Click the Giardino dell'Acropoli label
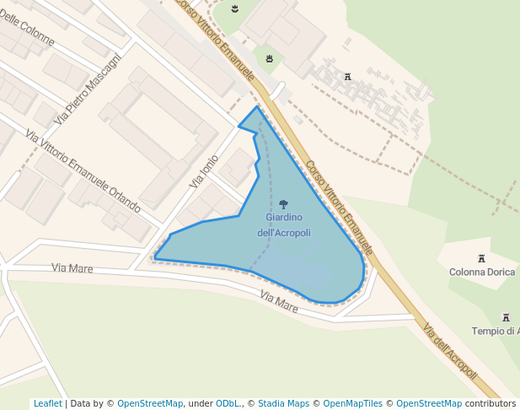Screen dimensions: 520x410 (283, 225)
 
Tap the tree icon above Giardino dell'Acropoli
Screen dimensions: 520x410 (283, 204)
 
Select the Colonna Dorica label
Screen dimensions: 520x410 (482, 272)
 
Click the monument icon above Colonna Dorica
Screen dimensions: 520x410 (482, 258)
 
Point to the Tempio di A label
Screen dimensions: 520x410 (496, 331)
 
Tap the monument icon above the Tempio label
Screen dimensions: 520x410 (506, 317)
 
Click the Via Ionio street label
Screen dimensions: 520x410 (204, 170)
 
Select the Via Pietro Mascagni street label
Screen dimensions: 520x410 (88, 89)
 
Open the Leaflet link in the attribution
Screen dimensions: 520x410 (47, 403)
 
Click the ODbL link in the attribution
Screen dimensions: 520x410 (228, 403)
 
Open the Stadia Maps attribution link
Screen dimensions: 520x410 (283, 403)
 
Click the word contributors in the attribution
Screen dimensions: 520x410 (491, 403)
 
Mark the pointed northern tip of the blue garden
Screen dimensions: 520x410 (257, 106)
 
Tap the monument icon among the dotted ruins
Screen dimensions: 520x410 (346, 78)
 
